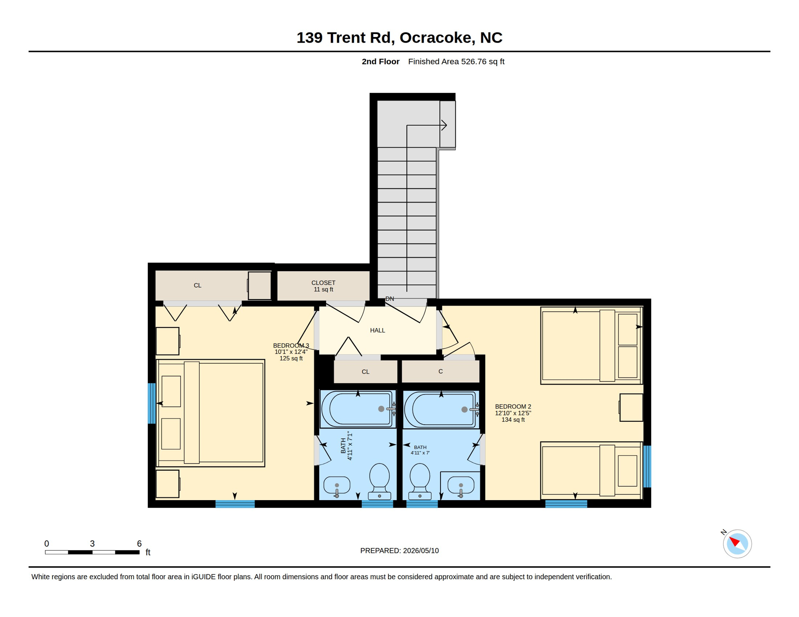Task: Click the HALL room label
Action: pyautogui.click(x=377, y=330)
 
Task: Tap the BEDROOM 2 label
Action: pyautogui.click(x=513, y=413)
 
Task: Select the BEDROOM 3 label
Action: pyautogui.click(x=291, y=352)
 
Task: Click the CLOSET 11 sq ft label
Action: pyautogui.click(x=323, y=286)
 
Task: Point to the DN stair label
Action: pyautogui.click(x=389, y=299)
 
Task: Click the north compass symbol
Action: pyautogui.click(x=737, y=543)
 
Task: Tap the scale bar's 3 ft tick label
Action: pyautogui.click(x=92, y=543)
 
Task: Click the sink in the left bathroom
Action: pyautogui.click(x=337, y=486)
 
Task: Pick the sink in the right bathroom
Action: pyautogui.click(x=461, y=486)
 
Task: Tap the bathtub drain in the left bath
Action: pyautogui.click(x=381, y=409)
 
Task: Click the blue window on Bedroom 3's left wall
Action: pyautogui.click(x=152, y=403)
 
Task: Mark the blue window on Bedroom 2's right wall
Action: pyautogui.click(x=647, y=466)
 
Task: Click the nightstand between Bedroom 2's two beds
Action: pyautogui.click(x=631, y=407)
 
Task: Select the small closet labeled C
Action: pyautogui.click(x=440, y=372)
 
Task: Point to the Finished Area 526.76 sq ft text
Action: pyautogui.click(x=456, y=61)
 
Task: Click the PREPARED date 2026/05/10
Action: pyautogui.click(x=421, y=551)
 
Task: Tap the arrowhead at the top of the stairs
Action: pyautogui.click(x=445, y=125)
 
